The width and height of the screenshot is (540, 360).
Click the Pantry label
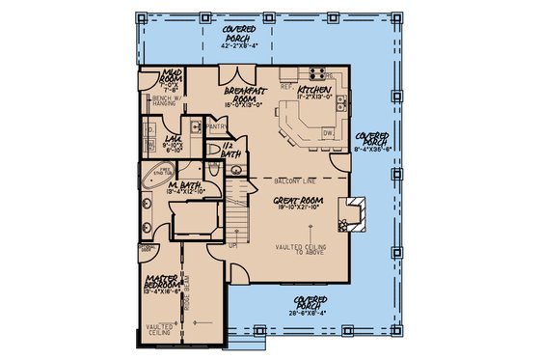tap(216, 125)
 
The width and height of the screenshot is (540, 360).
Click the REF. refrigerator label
tap(286, 85)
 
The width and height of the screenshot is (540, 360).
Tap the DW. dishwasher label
tap(329, 134)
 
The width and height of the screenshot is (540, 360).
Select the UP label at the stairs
tap(232, 245)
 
